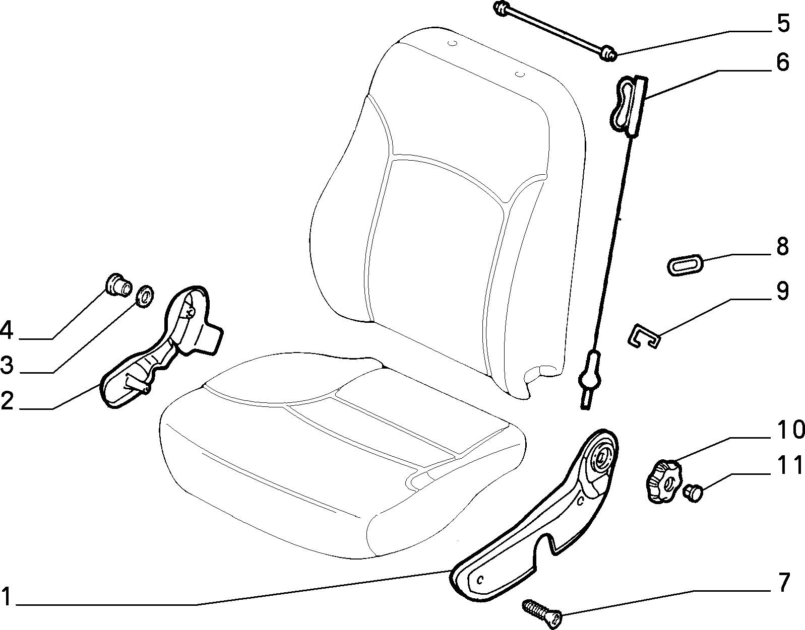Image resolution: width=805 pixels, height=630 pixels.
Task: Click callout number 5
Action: (x=783, y=24)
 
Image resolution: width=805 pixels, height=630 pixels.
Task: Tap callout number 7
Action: (x=783, y=582)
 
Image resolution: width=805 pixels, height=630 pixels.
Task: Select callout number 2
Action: (x=8, y=401)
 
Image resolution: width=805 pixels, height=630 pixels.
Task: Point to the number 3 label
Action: (x=7, y=365)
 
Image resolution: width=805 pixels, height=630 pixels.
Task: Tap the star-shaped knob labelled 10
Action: (x=663, y=482)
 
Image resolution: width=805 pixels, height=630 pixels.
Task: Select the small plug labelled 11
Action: (x=693, y=493)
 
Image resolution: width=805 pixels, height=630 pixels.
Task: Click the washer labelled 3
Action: (x=145, y=296)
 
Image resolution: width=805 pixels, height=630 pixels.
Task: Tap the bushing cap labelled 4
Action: (x=118, y=284)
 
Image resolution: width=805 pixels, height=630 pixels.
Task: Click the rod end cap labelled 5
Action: (x=608, y=54)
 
